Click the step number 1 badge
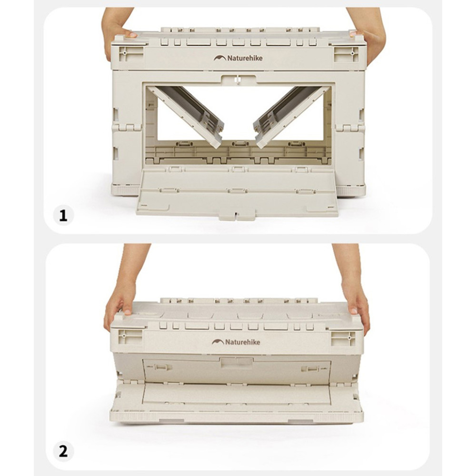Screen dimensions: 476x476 [63, 215]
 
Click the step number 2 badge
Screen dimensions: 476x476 [63, 452]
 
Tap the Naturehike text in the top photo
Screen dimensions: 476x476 [245, 58]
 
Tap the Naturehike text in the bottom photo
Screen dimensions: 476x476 [243, 342]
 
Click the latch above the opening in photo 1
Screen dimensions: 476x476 [238, 80]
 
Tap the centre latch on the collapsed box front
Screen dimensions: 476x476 [237, 362]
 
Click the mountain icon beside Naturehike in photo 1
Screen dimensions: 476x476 [220, 58]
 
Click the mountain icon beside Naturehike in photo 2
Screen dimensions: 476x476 [218, 342]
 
